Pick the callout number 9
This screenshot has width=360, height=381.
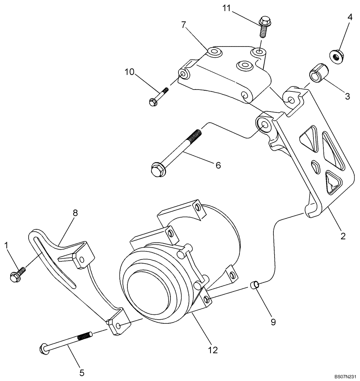click(273, 322)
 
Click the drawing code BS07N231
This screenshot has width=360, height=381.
click(346, 376)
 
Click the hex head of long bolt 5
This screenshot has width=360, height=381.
click(44, 348)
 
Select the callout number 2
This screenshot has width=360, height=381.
click(343, 236)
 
